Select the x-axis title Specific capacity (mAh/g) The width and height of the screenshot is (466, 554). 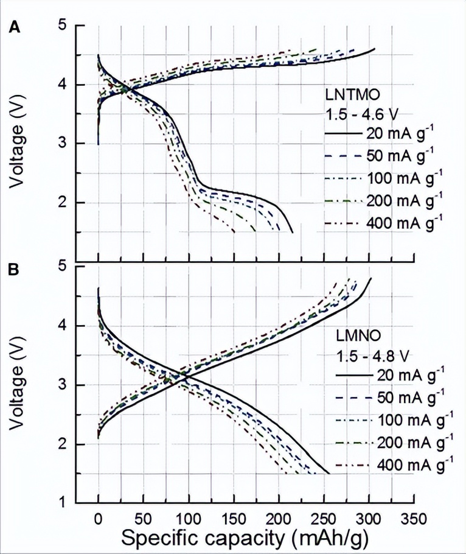pyautogui.click(x=245, y=538)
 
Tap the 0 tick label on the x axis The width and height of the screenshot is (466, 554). pyautogui.click(x=98, y=518)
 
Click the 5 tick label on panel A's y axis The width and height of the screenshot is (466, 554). pyautogui.click(x=63, y=26)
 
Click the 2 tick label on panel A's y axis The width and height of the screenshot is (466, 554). pyautogui.click(x=63, y=203)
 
